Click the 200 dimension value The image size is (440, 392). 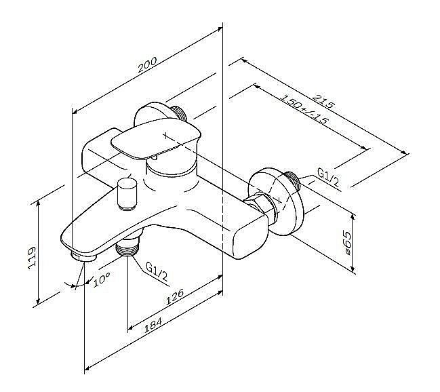[148, 65]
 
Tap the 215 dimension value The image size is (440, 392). [324, 101]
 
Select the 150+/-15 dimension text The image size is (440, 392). [304, 109]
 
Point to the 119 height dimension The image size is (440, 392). [33, 258]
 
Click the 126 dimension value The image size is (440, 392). [174, 296]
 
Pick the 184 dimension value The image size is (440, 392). [153, 325]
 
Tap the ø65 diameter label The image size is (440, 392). [347, 243]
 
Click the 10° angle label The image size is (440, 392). [101, 279]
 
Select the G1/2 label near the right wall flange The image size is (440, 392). [328, 178]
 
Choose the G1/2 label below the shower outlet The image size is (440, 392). [157, 271]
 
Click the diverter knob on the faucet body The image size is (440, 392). [127, 195]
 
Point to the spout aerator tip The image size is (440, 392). [83, 256]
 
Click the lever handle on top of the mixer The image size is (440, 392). [156, 138]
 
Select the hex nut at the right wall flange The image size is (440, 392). [261, 206]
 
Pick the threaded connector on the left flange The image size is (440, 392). [179, 113]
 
